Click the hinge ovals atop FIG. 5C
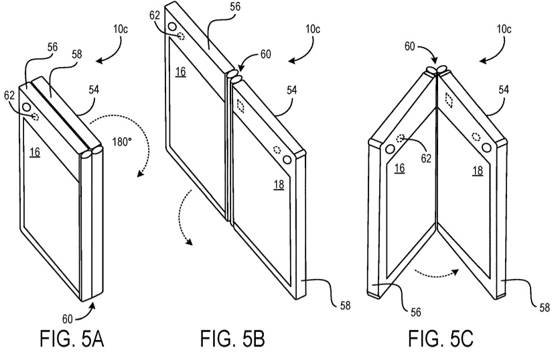(x=437, y=69)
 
